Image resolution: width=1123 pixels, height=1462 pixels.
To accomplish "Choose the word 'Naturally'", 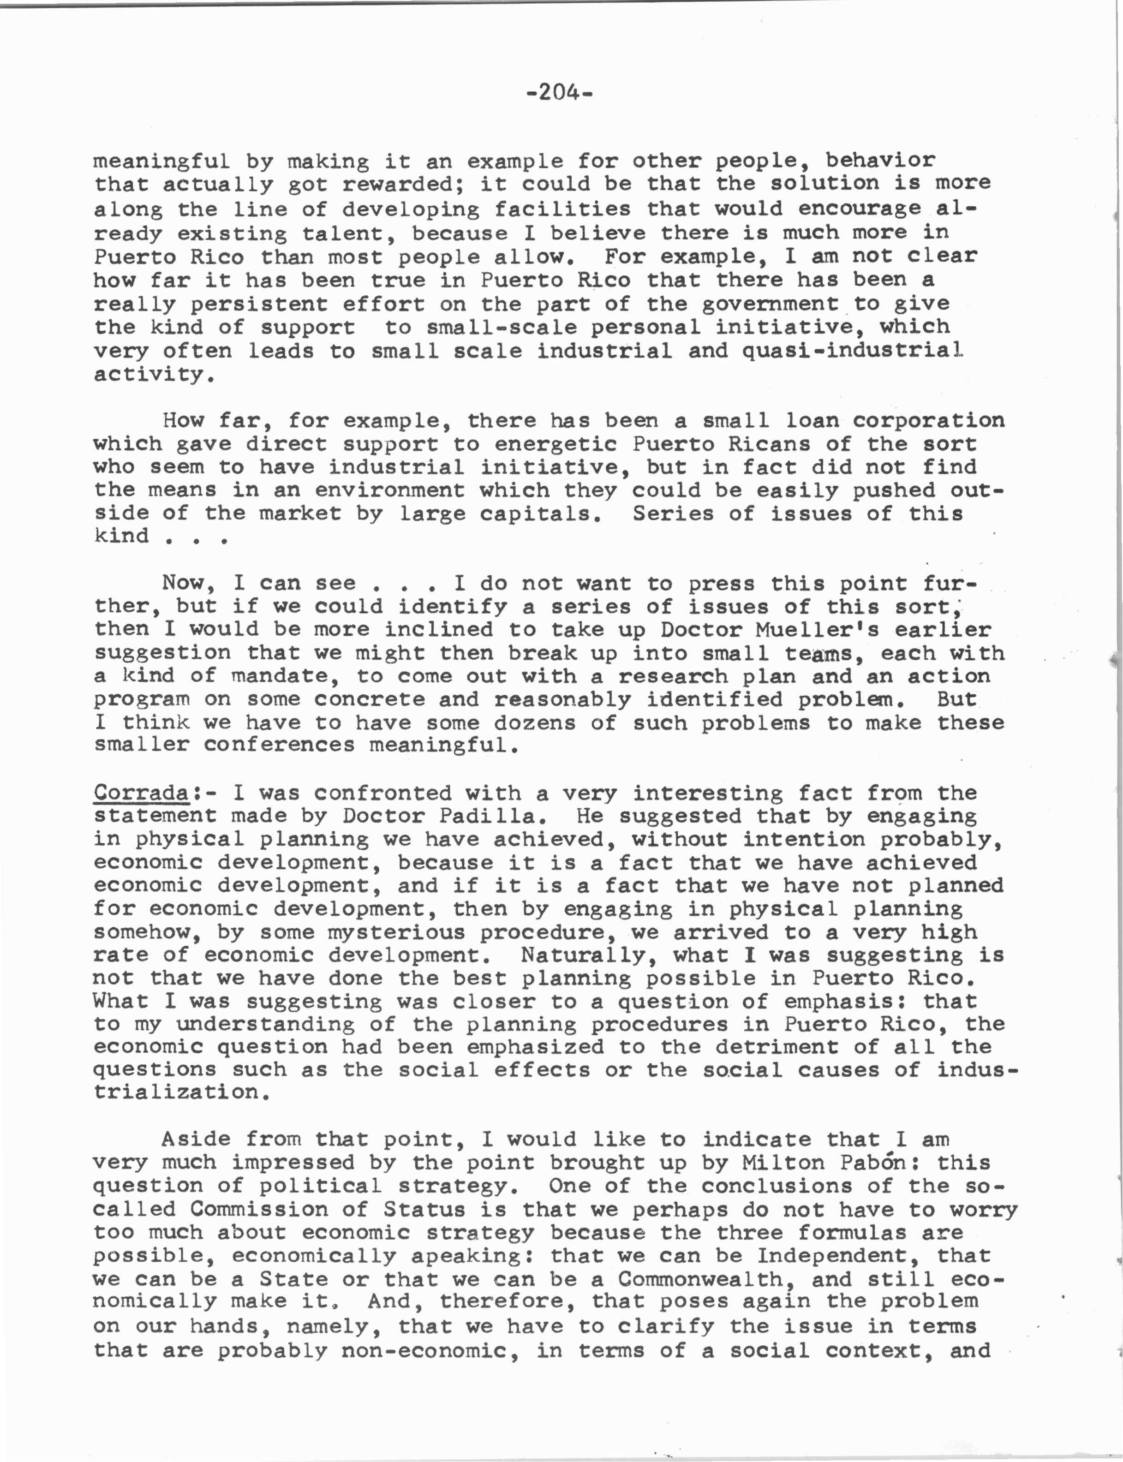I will (590, 955).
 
